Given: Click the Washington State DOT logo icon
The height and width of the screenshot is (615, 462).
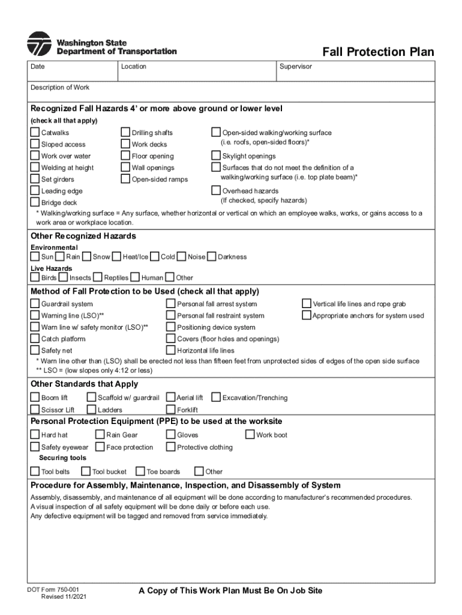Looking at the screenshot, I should [x=39, y=44].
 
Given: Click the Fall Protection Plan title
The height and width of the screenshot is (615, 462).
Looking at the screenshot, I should [x=377, y=52].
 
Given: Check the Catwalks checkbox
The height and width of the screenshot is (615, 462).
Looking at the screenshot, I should [x=35, y=133].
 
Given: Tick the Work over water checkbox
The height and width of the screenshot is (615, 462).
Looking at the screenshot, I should [x=35, y=156].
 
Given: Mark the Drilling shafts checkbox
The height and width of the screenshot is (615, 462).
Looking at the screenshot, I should [x=126, y=133].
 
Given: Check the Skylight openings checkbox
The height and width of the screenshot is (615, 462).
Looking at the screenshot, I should [x=217, y=156].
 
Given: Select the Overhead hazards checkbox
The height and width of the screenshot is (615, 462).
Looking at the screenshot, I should [x=217, y=191].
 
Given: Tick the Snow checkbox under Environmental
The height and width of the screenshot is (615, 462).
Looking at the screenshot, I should [x=88, y=257].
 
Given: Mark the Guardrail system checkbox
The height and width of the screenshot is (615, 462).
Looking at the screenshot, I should [x=35, y=304].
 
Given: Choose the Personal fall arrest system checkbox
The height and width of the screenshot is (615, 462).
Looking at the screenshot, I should [x=171, y=304].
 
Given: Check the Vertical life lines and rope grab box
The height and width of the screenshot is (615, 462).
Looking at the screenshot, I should [x=307, y=304].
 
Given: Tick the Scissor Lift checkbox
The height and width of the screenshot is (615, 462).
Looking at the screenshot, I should [x=35, y=410].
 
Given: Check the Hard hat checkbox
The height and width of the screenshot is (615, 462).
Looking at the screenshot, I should [x=35, y=435].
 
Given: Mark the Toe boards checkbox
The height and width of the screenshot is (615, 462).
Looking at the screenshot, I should [x=141, y=471].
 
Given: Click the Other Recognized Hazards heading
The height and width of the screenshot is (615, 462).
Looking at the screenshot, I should [x=83, y=236].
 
